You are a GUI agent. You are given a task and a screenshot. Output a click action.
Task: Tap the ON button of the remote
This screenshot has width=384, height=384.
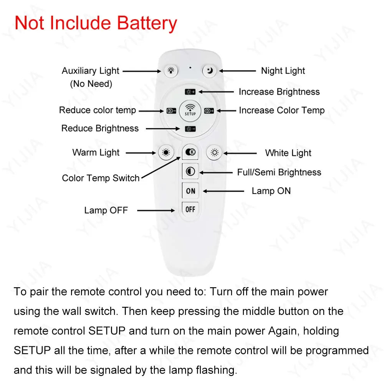(x=190, y=190)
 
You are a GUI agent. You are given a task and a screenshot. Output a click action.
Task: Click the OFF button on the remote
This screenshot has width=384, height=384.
(x=190, y=209)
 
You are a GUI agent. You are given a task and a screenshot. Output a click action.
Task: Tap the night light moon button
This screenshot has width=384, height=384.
(x=209, y=71)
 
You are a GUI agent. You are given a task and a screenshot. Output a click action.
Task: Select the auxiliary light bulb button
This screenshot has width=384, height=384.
(x=171, y=71)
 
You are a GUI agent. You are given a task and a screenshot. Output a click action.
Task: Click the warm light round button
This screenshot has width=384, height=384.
(x=166, y=152)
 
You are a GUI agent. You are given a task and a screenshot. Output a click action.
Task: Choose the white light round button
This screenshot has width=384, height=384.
(x=214, y=152)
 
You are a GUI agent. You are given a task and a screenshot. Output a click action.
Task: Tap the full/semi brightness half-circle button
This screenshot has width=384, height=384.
(x=190, y=171)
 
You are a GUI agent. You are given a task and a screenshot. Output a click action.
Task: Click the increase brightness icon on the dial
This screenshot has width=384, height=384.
(x=190, y=92)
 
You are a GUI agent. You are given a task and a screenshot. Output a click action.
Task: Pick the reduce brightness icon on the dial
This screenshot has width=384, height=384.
(x=190, y=129)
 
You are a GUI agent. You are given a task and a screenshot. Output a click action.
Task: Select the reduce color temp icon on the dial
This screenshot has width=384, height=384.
(x=171, y=111)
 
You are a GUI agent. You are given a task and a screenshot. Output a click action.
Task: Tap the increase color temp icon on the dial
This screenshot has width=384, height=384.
(x=209, y=111)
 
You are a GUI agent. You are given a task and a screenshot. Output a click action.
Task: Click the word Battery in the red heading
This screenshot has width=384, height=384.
(x=147, y=23)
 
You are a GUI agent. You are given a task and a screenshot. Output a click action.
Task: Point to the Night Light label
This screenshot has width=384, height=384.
(x=283, y=71)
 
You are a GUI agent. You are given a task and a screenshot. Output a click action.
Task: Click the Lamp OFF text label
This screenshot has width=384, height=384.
(x=106, y=210)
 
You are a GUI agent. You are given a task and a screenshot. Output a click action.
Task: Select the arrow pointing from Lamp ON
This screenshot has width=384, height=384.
(x=223, y=191)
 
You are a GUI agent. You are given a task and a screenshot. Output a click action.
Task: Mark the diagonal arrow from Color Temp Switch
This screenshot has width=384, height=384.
(x=161, y=168)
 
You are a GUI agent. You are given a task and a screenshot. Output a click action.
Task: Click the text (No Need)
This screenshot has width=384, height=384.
(x=91, y=84)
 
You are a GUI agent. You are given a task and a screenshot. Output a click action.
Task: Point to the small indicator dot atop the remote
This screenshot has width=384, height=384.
(x=190, y=68)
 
